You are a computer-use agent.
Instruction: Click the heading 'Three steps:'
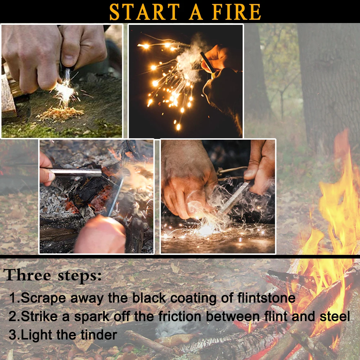[x=53, y=276]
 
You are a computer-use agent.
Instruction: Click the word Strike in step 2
[x=39, y=316]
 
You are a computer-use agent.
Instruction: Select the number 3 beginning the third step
[x=13, y=335]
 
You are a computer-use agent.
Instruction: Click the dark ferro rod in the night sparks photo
[x=208, y=63]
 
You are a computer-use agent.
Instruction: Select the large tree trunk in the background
[x=328, y=83]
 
